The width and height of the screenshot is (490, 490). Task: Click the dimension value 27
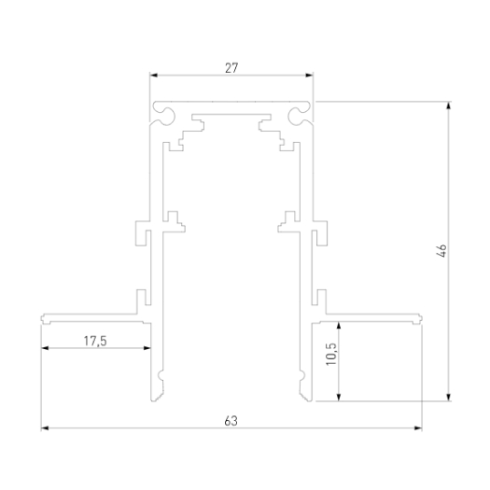coord(231,68)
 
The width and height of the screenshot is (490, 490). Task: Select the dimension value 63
coord(231,421)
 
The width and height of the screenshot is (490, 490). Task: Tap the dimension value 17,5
coord(95,341)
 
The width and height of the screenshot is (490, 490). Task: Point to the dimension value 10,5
coord(331,355)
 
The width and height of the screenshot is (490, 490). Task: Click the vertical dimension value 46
coord(441,251)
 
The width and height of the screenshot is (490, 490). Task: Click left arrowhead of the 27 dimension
coord(154,75)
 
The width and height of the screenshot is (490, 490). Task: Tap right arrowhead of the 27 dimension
coord(309,75)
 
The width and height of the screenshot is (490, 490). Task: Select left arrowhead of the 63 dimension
coord(45,428)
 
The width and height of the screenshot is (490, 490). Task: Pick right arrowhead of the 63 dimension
coord(418,428)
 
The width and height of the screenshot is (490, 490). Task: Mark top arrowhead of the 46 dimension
coord(449,105)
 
